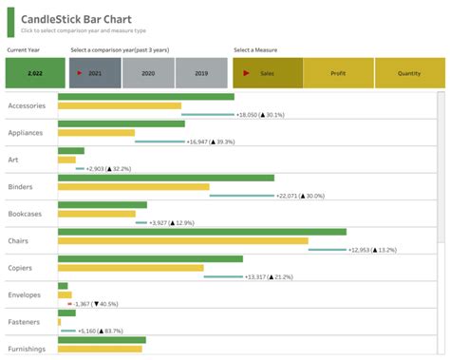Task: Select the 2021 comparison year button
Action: [94, 72]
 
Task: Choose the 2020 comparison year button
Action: [148, 72]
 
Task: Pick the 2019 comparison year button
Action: [200, 72]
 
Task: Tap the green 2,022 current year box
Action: [35, 72]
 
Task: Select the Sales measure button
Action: [268, 72]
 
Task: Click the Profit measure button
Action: [338, 72]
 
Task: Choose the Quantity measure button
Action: [409, 72]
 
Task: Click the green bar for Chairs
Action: [201, 232]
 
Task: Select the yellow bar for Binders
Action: [133, 187]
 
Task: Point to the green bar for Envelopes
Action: [63, 286]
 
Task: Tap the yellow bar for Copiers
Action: [130, 268]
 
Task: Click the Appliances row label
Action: [27, 133]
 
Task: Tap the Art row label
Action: [13, 160]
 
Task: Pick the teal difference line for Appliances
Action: [158, 142]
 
